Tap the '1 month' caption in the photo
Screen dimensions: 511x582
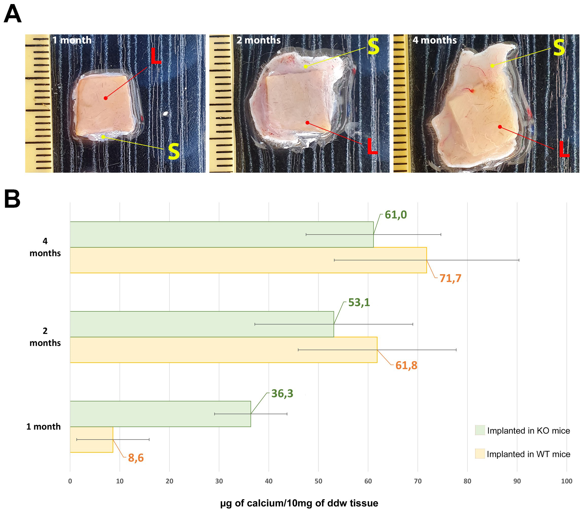tap(72, 40)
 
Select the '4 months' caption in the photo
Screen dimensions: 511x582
tap(434, 40)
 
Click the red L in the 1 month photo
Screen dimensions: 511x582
tap(155, 56)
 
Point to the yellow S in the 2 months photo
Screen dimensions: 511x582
tap(373, 46)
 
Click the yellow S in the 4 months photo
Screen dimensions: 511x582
tap(559, 48)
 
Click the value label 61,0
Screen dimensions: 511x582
tap(395, 215)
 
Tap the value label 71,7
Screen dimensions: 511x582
tap(450, 278)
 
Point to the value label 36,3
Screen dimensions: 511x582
tap(282, 393)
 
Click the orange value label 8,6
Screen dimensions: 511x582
tap(136, 458)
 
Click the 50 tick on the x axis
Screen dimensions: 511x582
tap(318, 481)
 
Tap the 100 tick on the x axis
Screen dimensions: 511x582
tap(566, 481)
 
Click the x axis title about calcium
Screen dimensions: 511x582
tap(299, 503)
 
